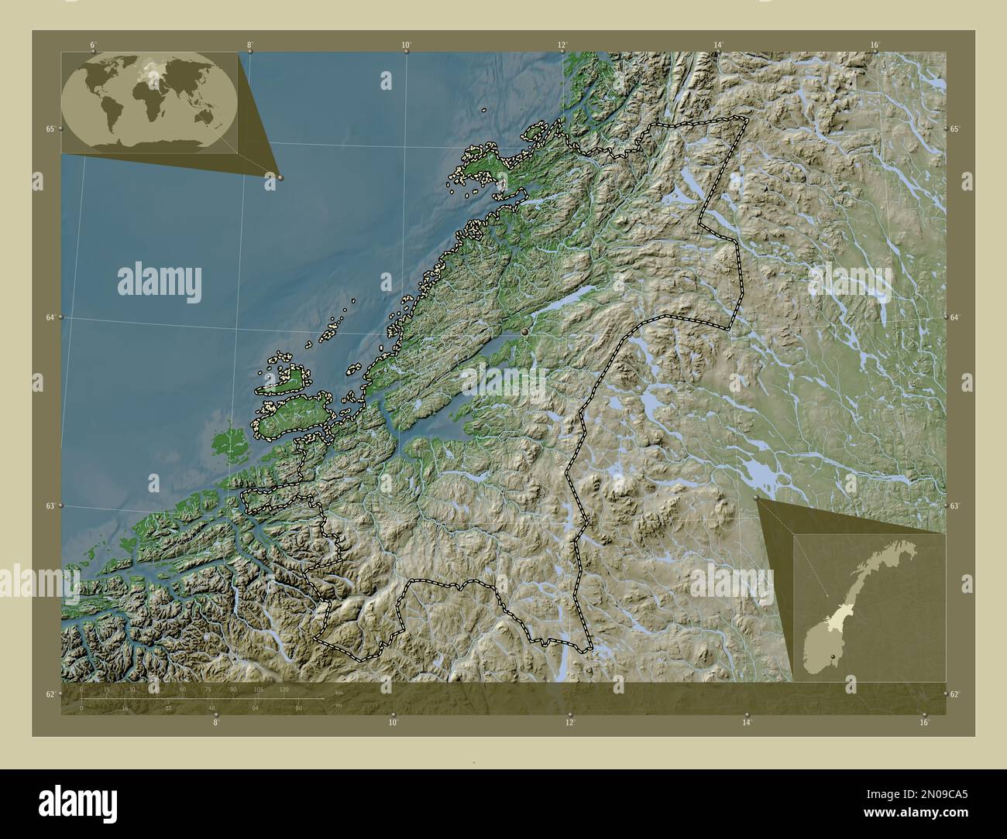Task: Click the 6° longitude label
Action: click(x=92, y=45)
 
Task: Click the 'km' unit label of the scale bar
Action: click(x=339, y=692)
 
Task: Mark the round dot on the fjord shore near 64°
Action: click(x=525, y=331)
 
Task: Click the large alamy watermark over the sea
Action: click(x=160, y=282)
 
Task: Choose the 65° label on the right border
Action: click(x=955, y=129)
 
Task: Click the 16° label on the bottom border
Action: click(x=924, y=722)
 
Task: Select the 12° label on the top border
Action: click(x=562, y=45)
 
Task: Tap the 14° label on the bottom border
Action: click(x=747, y=722)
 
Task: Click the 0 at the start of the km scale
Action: click(x=82, y=689)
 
